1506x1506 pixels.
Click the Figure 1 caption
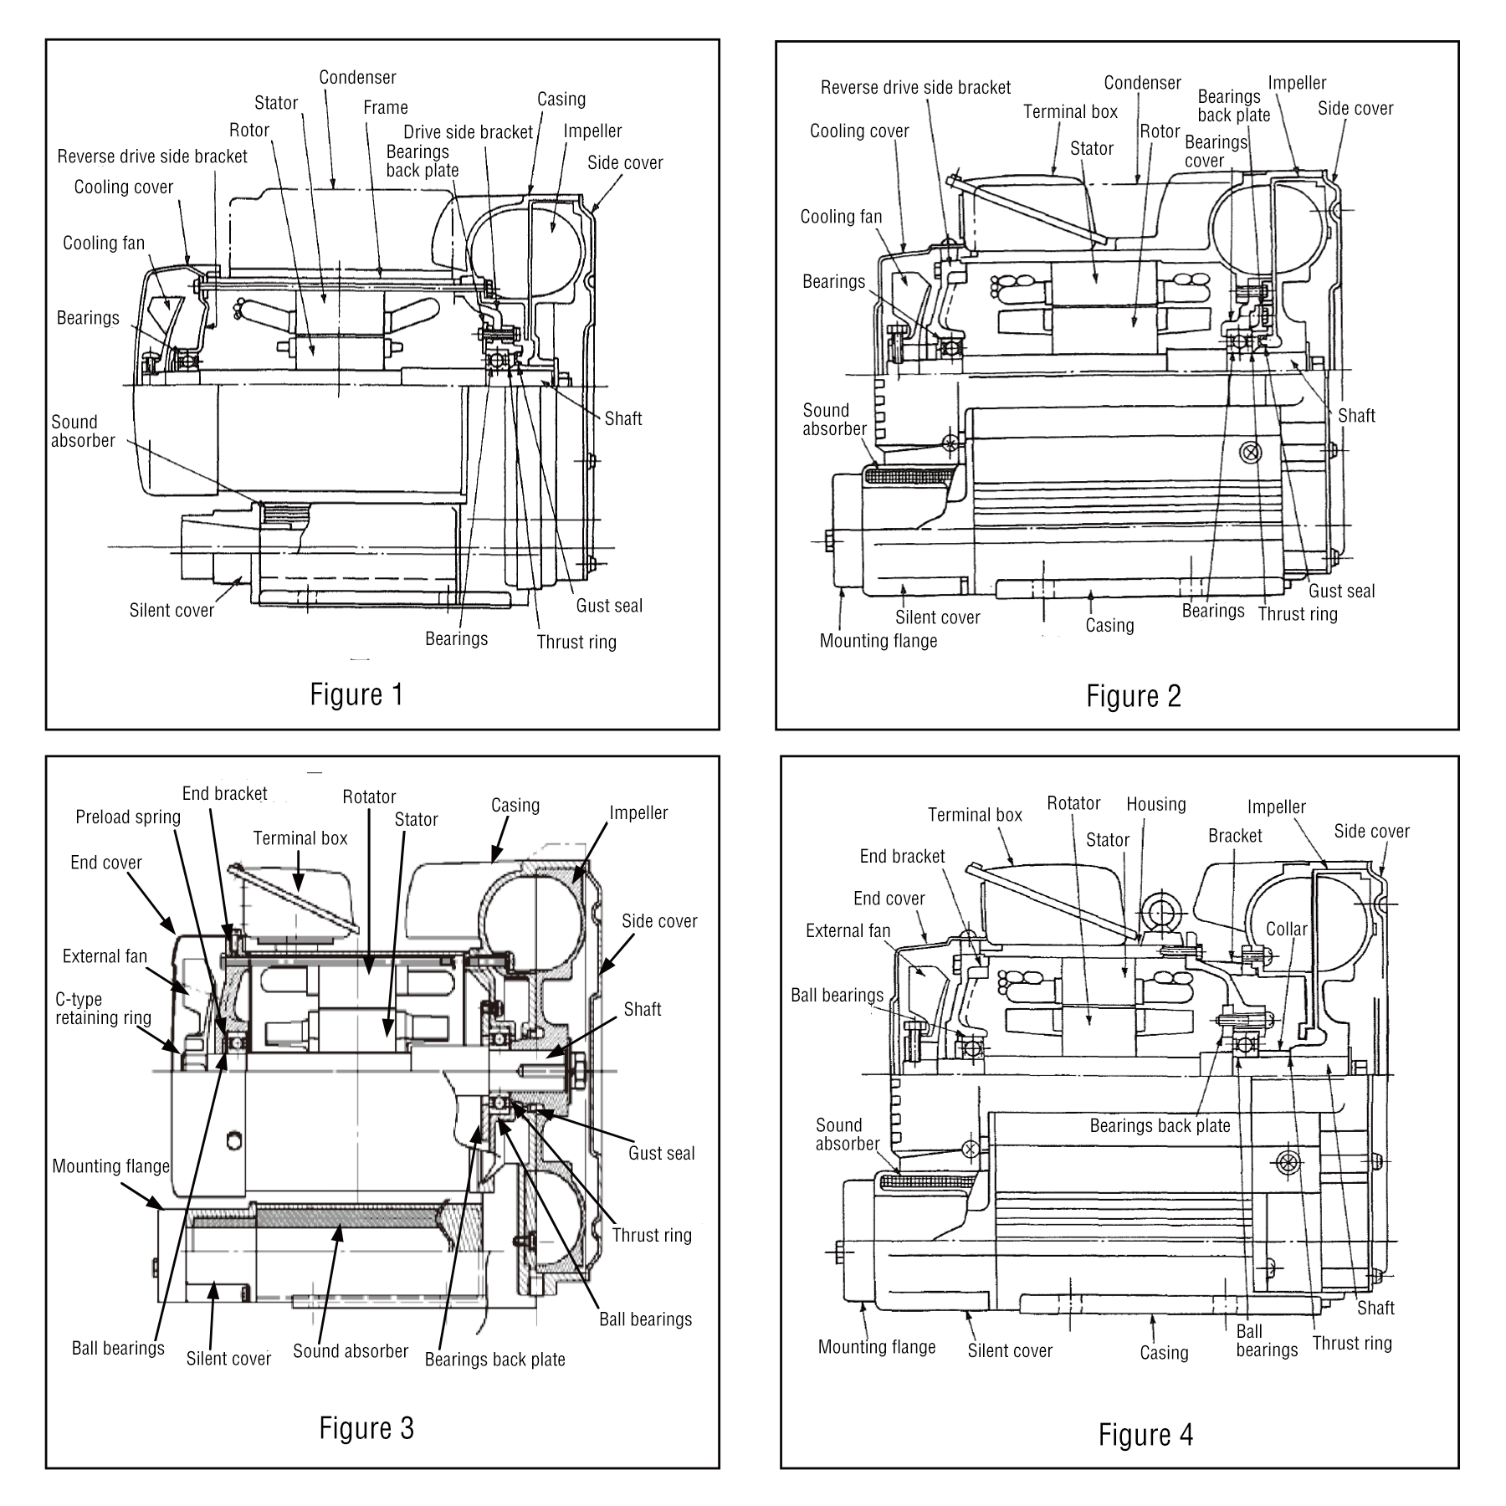(356, 694)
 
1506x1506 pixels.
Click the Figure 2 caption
(1134, 696)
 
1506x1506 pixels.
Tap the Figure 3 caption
(366, 1427)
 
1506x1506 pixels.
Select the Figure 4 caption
(1145, 1434)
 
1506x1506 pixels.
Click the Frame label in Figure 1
(386, 107)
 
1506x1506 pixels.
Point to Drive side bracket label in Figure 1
(468, 132)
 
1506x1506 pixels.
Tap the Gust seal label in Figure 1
(609, 606)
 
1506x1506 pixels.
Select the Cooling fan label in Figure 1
(104, 243)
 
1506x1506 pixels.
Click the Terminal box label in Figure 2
(1070, 112)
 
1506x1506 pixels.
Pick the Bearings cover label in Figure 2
(1216, 151)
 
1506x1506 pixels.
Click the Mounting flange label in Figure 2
(878, 642)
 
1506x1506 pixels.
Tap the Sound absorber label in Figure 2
(834, 420)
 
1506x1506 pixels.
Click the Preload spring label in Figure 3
(128, 817)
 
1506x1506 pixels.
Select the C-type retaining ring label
(103, 1009)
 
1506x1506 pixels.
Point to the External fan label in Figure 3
(105, 956)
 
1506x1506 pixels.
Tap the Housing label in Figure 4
(1155, 805)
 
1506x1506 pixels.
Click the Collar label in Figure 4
(1286, 930)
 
